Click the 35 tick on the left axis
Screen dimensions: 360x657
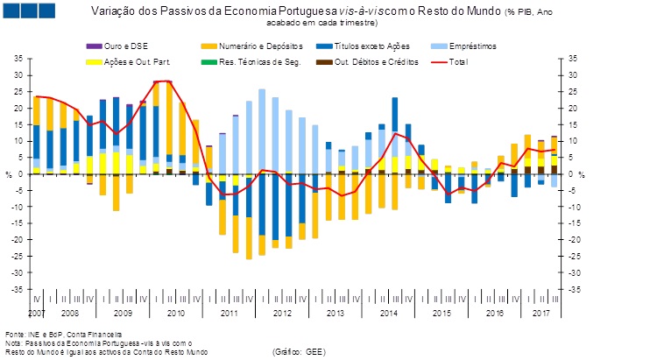[19, 58]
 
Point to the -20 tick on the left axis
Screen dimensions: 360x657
[18, 240]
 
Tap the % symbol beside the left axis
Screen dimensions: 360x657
[9, 174]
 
